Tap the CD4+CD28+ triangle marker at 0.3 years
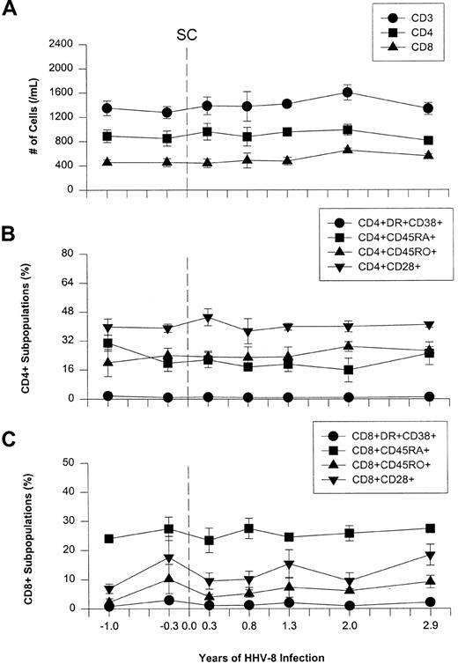tap(208, 319)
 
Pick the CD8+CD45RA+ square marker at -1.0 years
tap(108, 539)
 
